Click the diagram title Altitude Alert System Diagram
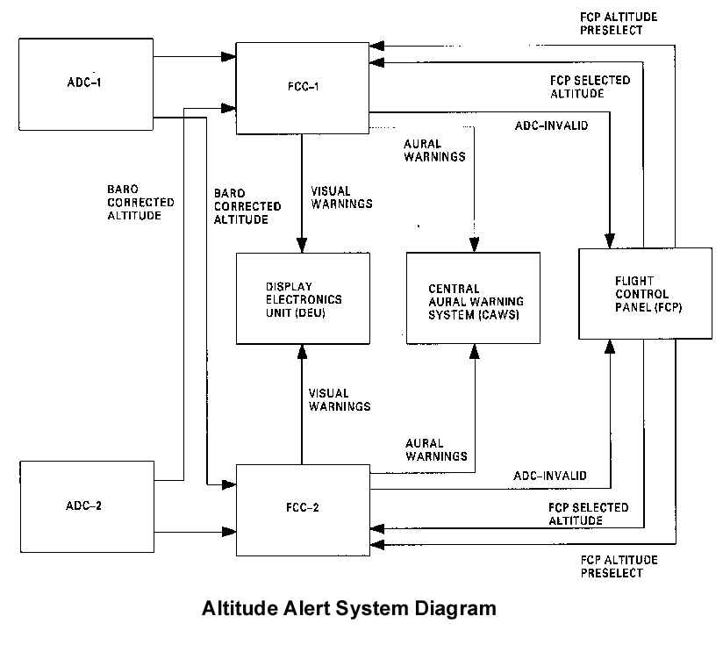[349, 608]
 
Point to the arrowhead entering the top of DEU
[302, 245]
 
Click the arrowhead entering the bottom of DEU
[302, 352]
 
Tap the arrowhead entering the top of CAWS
[475, 245]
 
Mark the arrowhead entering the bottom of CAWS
[475, 351]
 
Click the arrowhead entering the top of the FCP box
[610, 240]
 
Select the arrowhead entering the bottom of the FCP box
[610, 347]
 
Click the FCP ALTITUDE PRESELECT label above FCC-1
[619, 24]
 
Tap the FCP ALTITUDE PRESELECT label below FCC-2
[619, 567]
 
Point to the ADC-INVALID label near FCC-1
[552, 125]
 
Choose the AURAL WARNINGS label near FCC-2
[436, 449]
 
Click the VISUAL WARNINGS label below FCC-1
[341, 197]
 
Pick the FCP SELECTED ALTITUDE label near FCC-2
[589, 514]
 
